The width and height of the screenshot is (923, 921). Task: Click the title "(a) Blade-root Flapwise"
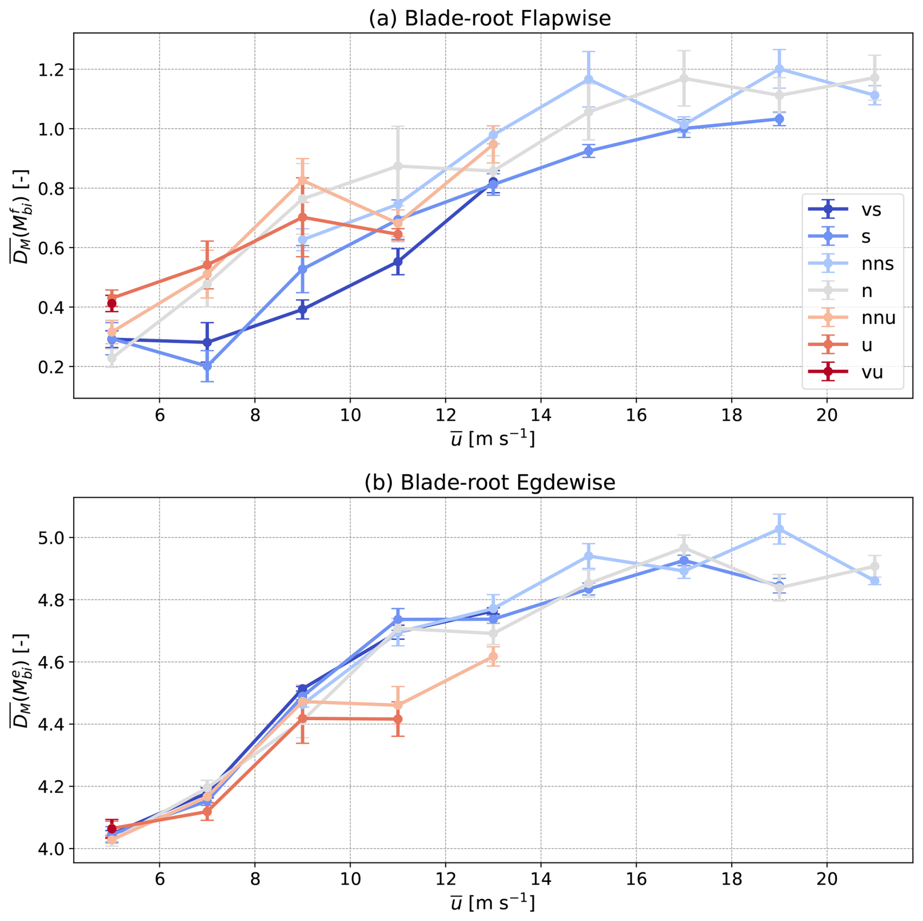(489, 19)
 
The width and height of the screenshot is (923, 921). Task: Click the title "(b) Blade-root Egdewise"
(489, 482)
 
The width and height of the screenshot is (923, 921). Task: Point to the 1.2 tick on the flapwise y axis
(53, 69)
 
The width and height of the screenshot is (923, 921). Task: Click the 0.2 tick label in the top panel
(53, 367)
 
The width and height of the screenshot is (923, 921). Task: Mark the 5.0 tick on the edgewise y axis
(53, 538)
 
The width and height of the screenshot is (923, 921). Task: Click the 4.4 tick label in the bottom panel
(53, 725)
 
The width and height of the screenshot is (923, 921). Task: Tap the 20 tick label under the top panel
(827, 415)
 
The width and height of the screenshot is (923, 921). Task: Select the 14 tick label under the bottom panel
(541, 879)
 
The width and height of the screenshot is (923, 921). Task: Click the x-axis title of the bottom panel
(492, 902)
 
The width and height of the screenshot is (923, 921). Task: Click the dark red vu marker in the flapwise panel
(112, 304)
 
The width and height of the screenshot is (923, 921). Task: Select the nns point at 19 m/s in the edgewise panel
(779, 529)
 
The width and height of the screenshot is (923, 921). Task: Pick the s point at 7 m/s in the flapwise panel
(207, 365)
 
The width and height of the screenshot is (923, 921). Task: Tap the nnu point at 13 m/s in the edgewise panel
(493, 657)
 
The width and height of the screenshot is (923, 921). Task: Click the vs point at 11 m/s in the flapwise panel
(398, 262)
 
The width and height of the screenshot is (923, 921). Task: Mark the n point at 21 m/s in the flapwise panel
(874, 78)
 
